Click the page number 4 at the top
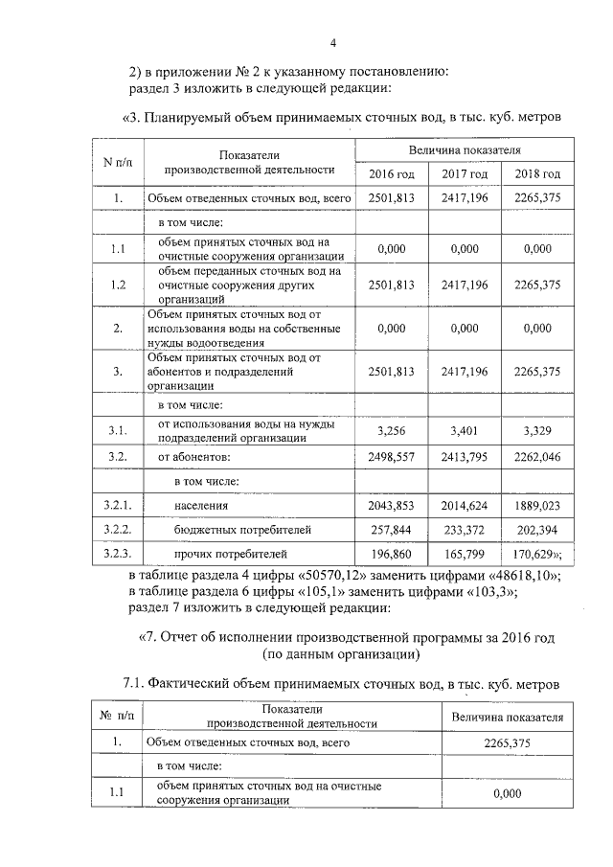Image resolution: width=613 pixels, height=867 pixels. point(332,42)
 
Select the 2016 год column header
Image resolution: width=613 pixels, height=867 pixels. point(391,173)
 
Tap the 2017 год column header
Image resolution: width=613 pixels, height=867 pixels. point(465,173)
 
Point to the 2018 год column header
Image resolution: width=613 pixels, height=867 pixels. point(536,173)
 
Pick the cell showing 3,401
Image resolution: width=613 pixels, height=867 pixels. point(465,432)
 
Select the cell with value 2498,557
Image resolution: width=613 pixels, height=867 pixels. point(391,457)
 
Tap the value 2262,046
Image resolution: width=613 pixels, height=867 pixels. point(536,457)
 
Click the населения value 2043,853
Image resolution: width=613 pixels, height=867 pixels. point(391,505)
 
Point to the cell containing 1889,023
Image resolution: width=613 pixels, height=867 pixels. point(536,505)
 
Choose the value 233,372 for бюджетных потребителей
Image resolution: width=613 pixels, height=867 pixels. point(465,529)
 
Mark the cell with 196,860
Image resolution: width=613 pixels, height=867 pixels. point(391,553)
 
